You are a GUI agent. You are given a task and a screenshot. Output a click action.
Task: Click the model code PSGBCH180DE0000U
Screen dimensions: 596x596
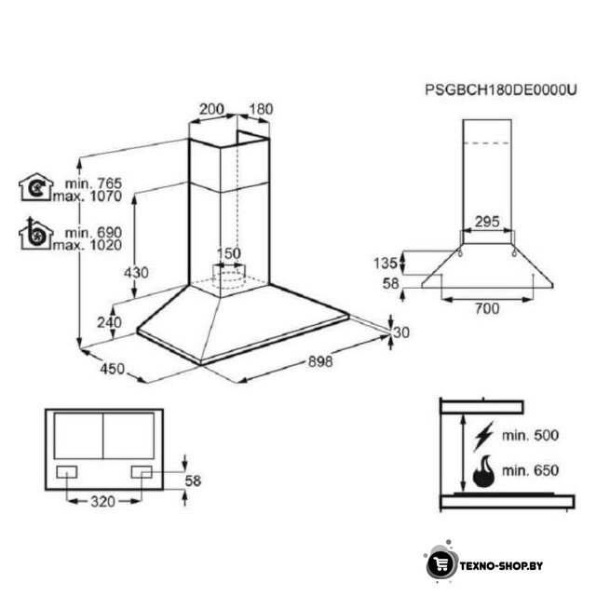[x=501, y=90]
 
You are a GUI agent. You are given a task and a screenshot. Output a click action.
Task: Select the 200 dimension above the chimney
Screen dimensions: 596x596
[x=211, y=109]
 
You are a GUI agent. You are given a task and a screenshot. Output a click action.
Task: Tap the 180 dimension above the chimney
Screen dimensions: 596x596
[x=261, y=109]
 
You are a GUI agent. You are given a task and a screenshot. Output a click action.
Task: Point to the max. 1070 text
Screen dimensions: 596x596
[x=88, y=196]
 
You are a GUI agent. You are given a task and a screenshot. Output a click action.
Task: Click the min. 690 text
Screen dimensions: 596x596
[x=93, y=232]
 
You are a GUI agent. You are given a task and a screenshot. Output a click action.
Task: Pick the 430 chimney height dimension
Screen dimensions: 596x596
[x=136, y=273]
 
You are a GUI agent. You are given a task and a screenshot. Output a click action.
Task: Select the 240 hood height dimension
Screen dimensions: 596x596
[x=110, y=322]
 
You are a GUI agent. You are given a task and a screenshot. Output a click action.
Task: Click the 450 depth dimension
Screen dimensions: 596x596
[x=112, y=369]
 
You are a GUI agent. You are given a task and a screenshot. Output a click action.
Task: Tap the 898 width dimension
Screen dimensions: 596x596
[x=320, y=361]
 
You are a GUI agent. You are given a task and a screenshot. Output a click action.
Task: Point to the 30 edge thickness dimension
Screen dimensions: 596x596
[x=401, y=332]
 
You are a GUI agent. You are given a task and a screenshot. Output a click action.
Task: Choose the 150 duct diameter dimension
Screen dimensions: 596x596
[x=229, y=253]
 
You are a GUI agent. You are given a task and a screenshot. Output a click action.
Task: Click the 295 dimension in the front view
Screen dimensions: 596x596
[x=487, y=222]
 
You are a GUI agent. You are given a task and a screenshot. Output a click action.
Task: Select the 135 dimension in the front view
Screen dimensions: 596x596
[x=385, y=263]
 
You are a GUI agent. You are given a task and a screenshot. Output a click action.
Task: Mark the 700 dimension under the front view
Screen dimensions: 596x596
[x=487, y=308]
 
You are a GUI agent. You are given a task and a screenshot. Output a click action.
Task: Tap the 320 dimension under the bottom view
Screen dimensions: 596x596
[x=102, y=502]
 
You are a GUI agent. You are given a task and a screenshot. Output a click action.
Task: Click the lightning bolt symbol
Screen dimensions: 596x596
[x=482, y=436]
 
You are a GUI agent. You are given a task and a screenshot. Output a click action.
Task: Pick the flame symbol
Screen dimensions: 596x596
[x=483, y=471]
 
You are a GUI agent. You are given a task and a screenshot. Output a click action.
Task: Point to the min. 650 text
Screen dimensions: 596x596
[x=530, y=470]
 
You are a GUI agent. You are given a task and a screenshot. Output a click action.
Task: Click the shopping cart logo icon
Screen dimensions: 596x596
[x=440, y=564]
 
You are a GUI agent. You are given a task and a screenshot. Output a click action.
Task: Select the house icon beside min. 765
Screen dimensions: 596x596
[x=36, y=186]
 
